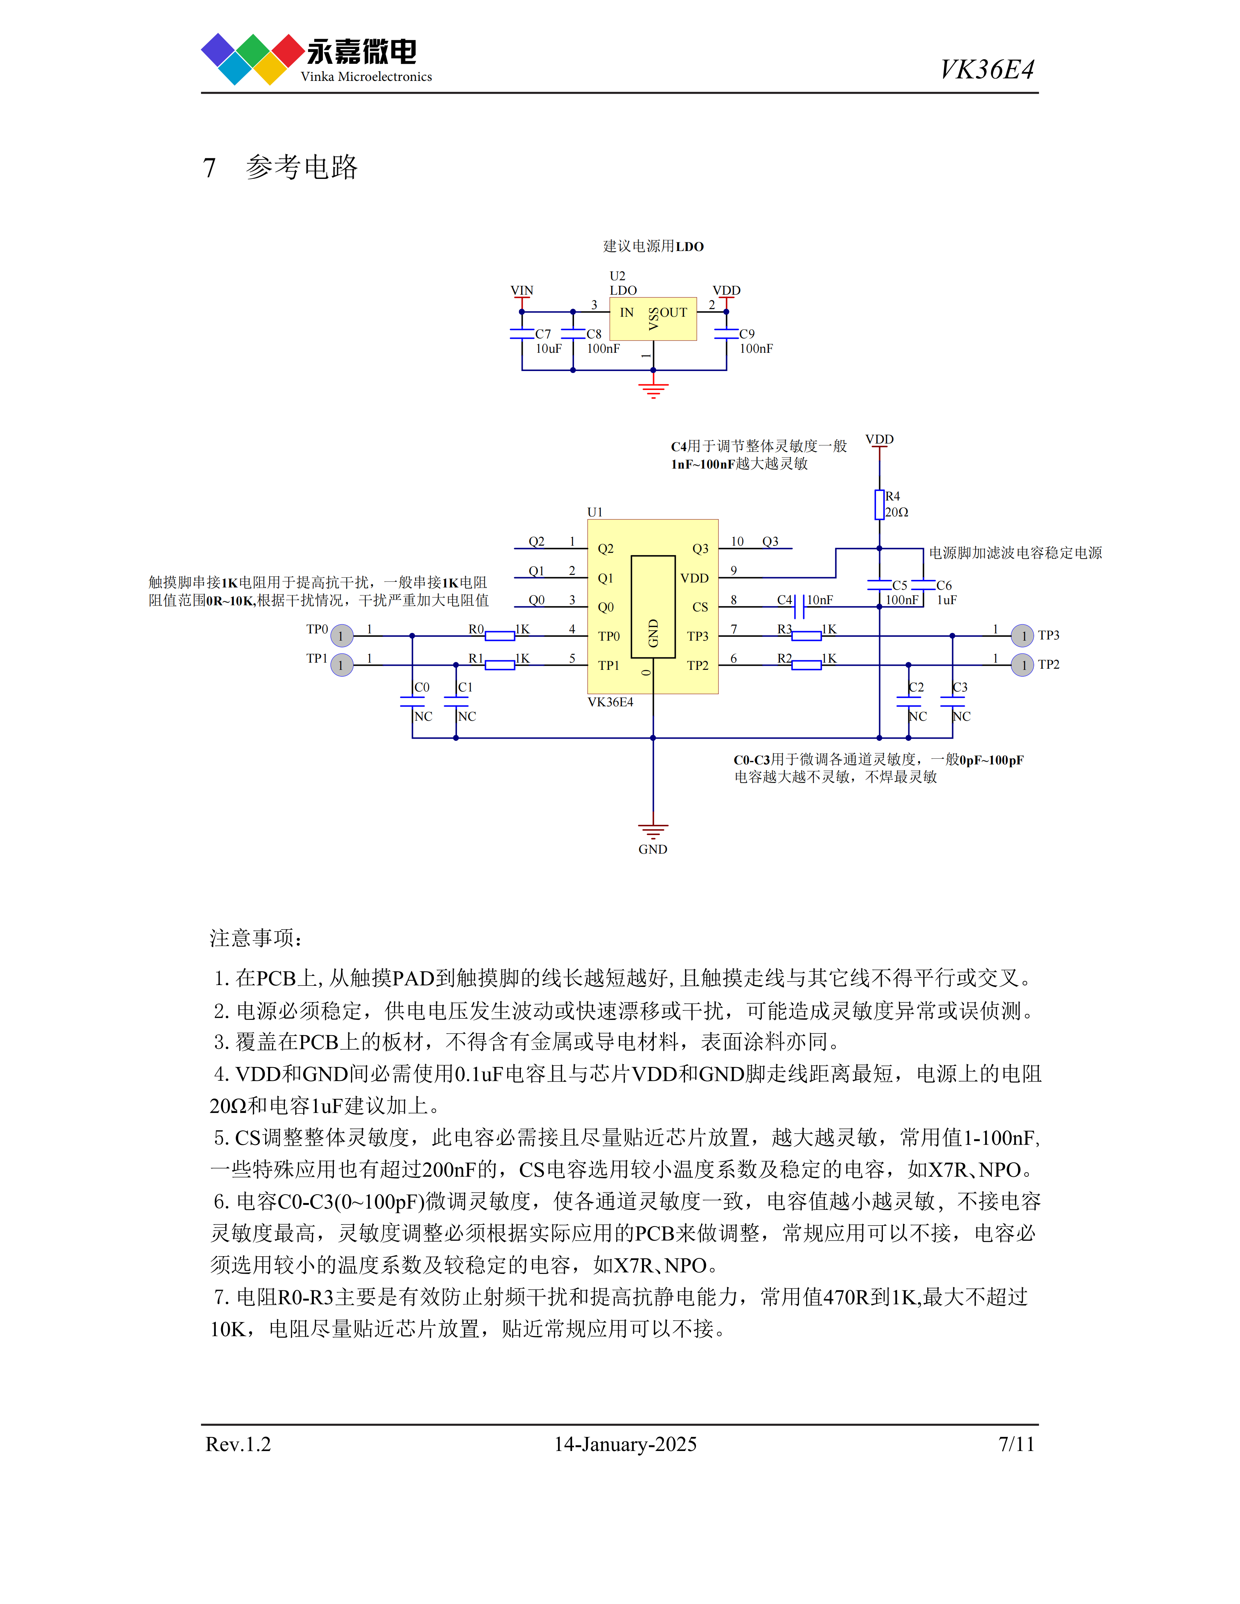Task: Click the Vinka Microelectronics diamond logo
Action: (253, 59)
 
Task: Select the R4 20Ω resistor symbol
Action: (879, 505)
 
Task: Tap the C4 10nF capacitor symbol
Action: (800, 607)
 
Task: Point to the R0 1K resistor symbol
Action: (500, 636)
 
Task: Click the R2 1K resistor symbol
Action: (807, 665)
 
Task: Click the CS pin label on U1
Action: (700, 607)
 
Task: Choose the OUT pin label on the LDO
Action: (674, 312)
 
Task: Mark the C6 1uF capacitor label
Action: (946, 593)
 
